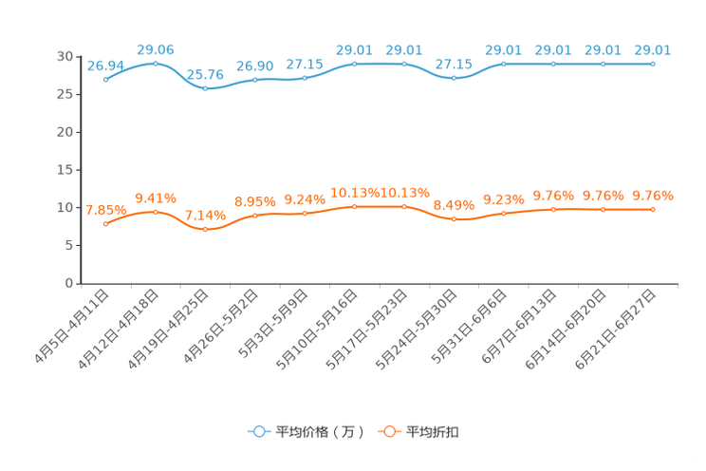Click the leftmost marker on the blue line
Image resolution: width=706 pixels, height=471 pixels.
105,79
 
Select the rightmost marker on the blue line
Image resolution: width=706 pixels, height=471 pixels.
653,64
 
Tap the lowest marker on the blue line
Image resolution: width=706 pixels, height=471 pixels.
205,88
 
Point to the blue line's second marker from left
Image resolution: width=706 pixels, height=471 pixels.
156,63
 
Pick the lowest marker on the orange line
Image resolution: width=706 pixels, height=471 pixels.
205,229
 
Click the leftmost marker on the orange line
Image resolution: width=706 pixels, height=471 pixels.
105,223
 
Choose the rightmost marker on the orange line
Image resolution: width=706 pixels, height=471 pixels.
653,209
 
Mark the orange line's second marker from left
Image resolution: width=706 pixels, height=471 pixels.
156,211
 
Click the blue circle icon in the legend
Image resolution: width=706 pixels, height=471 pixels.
258,431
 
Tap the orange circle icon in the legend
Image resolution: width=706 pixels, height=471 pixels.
388,431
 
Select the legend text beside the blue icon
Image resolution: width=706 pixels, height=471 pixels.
319,432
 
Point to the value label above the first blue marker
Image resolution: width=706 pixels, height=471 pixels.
105,65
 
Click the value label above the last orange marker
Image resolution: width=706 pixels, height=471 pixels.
653,196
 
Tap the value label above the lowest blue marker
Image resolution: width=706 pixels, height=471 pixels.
205,74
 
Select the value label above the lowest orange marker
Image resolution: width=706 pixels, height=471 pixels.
205,216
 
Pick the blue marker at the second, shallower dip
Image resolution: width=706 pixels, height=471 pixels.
455,79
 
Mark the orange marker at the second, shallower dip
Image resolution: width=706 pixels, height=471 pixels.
455,218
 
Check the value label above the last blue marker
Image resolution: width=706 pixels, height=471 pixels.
653,49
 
